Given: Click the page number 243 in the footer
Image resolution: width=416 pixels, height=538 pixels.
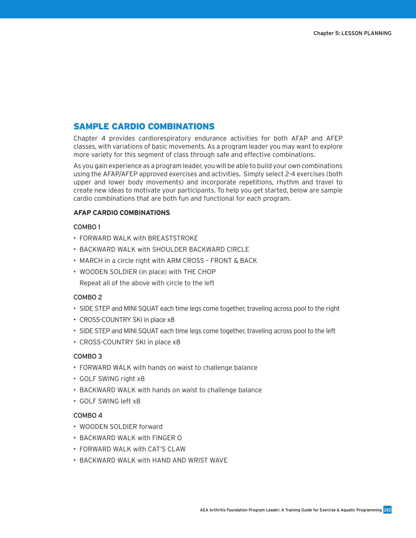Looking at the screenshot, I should pos(387,510).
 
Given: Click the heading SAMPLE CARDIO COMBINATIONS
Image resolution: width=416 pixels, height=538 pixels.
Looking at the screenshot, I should pos(144,126).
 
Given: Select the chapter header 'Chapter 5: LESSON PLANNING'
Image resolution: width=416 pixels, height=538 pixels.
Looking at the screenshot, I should pos(352,33).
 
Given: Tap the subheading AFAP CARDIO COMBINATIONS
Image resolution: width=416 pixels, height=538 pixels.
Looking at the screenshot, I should pos(121,213).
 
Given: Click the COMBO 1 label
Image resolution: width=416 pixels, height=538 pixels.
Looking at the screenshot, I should pos(87,227).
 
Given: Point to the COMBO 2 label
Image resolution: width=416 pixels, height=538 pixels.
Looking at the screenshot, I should pos(87,297).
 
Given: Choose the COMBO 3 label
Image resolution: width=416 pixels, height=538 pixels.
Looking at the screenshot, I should pos(87,356).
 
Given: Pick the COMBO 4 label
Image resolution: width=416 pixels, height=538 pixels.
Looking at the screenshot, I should pos(87,415).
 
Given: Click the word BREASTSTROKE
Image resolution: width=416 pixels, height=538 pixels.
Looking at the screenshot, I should pos(173,238).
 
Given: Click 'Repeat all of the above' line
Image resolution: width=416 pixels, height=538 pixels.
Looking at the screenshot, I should pos(146,283).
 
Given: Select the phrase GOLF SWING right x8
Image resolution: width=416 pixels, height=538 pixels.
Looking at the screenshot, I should pos(112,379).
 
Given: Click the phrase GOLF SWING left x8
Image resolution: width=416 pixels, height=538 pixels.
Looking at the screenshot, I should pos(110,401).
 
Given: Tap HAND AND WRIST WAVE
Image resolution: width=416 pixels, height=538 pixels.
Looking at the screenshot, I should pos(190,460).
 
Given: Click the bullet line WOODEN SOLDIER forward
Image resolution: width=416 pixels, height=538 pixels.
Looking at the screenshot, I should pos(121,427).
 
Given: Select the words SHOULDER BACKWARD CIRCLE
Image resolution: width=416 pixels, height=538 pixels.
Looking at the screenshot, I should pos(201,249).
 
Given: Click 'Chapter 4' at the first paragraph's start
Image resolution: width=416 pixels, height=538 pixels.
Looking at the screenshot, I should pos(89,138).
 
